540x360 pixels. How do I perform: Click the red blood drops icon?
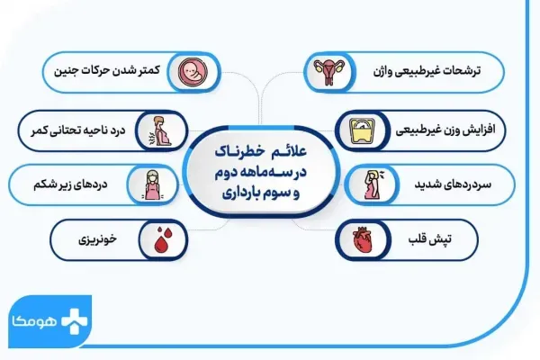coord(165,240)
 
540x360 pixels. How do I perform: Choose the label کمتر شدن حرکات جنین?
coord(112,69)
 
